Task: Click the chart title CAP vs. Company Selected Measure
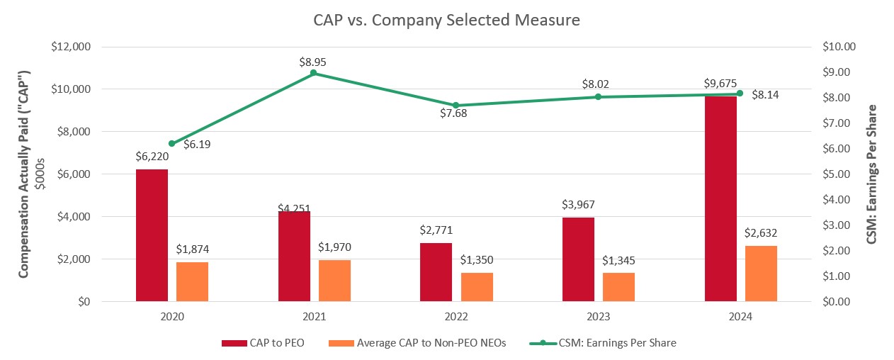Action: pyautogui.click(x=446, y=20)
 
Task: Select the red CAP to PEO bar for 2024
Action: pyautogui.click(x=720, y=198)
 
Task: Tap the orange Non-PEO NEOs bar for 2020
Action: pyautogui.click(x=192, y=281)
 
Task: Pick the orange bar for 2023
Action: pyautogui.click(x=618, y=286)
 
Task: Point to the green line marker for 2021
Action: pyautogui.click(x=314, y=73)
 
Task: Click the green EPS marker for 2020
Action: pyautogui.click(x=171, y=143)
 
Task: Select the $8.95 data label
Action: pyautogui.click(x=312, y=62)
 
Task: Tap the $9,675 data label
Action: pyautogui.click(x=720, y=84)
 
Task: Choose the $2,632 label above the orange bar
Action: pyautogui.click(x=762, y=232)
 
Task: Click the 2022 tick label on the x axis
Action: pyautogui.click(x=456, y=318)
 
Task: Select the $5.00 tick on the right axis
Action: pyautogui.click(x=838, y=174)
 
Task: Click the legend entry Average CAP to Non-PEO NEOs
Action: pyautogui.click(x=418, y=343)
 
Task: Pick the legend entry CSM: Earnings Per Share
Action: pyautogui.click(x=603, y=343)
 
